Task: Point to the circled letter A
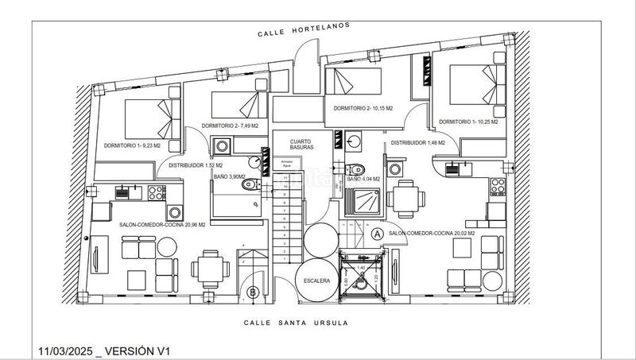377,233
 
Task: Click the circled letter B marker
253,292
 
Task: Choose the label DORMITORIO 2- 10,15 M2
363,108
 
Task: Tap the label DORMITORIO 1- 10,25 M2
468,122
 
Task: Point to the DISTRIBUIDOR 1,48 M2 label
417,143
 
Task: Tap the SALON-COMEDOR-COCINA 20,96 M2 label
162,225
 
